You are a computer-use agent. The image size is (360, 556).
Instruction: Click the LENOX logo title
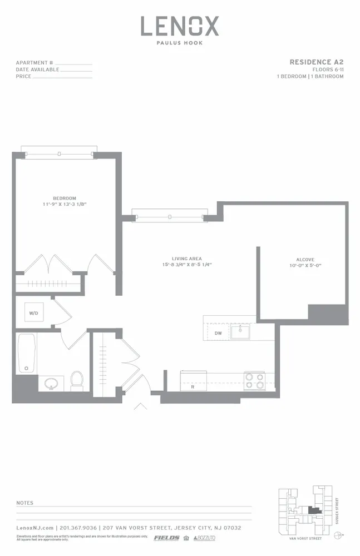pos(179,26)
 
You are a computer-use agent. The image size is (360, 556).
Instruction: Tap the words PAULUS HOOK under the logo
pos(179,42)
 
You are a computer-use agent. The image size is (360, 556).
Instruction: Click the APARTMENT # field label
pos(34,63)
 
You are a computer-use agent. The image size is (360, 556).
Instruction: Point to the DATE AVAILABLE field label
pos(37,69)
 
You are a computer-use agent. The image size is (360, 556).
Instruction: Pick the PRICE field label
pos(23,76)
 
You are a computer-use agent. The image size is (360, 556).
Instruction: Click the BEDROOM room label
pos(65,198)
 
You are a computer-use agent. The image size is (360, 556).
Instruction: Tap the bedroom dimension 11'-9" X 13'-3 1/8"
pos(65,205)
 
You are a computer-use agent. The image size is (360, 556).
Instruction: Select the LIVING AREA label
pos(186,259)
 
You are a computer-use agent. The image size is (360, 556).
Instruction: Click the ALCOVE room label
pos(305,260)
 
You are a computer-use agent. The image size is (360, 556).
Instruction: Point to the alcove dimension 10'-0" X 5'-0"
pos(305,266)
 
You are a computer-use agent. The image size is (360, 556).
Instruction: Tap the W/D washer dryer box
pos(34,314)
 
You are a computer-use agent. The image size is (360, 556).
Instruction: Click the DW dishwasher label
pos(218,333)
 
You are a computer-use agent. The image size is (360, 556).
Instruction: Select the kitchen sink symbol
pos(240,332)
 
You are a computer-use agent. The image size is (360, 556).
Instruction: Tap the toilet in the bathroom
pos(77,381)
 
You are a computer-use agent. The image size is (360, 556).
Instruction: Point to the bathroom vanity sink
pos(51,383)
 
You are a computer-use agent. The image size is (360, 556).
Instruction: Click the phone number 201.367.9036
pos(77,528)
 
